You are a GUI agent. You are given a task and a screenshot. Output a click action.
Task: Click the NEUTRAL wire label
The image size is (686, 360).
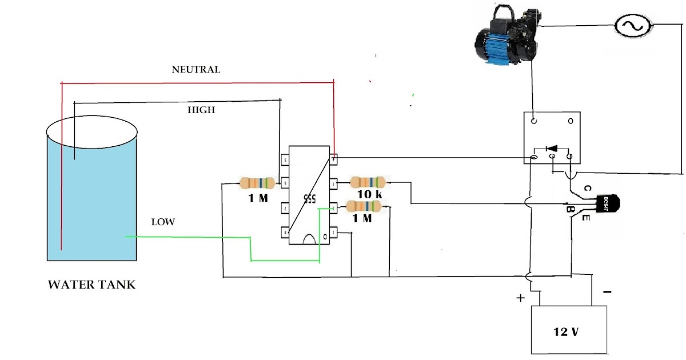coord(196,70)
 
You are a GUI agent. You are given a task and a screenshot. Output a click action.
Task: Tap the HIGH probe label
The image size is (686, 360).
coord(201,110)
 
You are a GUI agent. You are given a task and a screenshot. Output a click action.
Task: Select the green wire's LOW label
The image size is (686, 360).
coord(163,222)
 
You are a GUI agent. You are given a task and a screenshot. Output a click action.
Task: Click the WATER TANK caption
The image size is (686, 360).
coord(91,285)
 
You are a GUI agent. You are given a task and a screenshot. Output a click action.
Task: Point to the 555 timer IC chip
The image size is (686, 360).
coord(309,196)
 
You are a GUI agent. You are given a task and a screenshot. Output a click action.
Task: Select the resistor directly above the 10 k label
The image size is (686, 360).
coord(367,182)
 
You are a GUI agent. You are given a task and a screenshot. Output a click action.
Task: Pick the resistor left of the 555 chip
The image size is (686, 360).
coord(257,183)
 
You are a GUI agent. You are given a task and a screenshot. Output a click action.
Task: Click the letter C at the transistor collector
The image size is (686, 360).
coord(587,188)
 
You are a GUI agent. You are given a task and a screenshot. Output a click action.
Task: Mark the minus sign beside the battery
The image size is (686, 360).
coord(607,292)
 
